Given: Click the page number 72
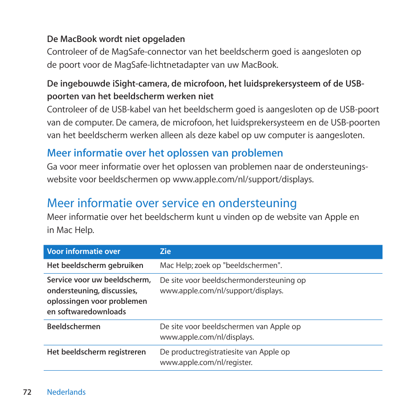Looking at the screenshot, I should tap(27, 392).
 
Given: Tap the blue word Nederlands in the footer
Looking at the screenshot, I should tap(66, 392).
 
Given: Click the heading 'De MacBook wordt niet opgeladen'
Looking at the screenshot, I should tap(116, 39).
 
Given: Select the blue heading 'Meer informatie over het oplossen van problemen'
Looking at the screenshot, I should tap(165, 153).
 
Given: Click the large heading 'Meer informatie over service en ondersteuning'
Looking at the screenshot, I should tap(172, 203).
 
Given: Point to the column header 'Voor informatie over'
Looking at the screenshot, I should tap(83, 251).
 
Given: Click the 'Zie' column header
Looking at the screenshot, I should tap(165, 251).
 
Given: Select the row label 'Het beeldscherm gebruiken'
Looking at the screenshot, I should tap(95, 265).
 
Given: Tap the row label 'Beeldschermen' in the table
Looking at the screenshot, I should tap(73, 327).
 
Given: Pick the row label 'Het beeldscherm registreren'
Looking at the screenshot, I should tap(96, 352).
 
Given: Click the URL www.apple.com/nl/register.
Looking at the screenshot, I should tap(206, 362).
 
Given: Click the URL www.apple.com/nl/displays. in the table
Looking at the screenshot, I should tap(207, 337).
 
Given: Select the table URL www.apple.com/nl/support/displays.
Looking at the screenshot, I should tap(222, 291).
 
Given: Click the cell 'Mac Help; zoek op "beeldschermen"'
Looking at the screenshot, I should tap(221, 265).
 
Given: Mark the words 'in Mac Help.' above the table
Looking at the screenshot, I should tap(70, 230).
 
